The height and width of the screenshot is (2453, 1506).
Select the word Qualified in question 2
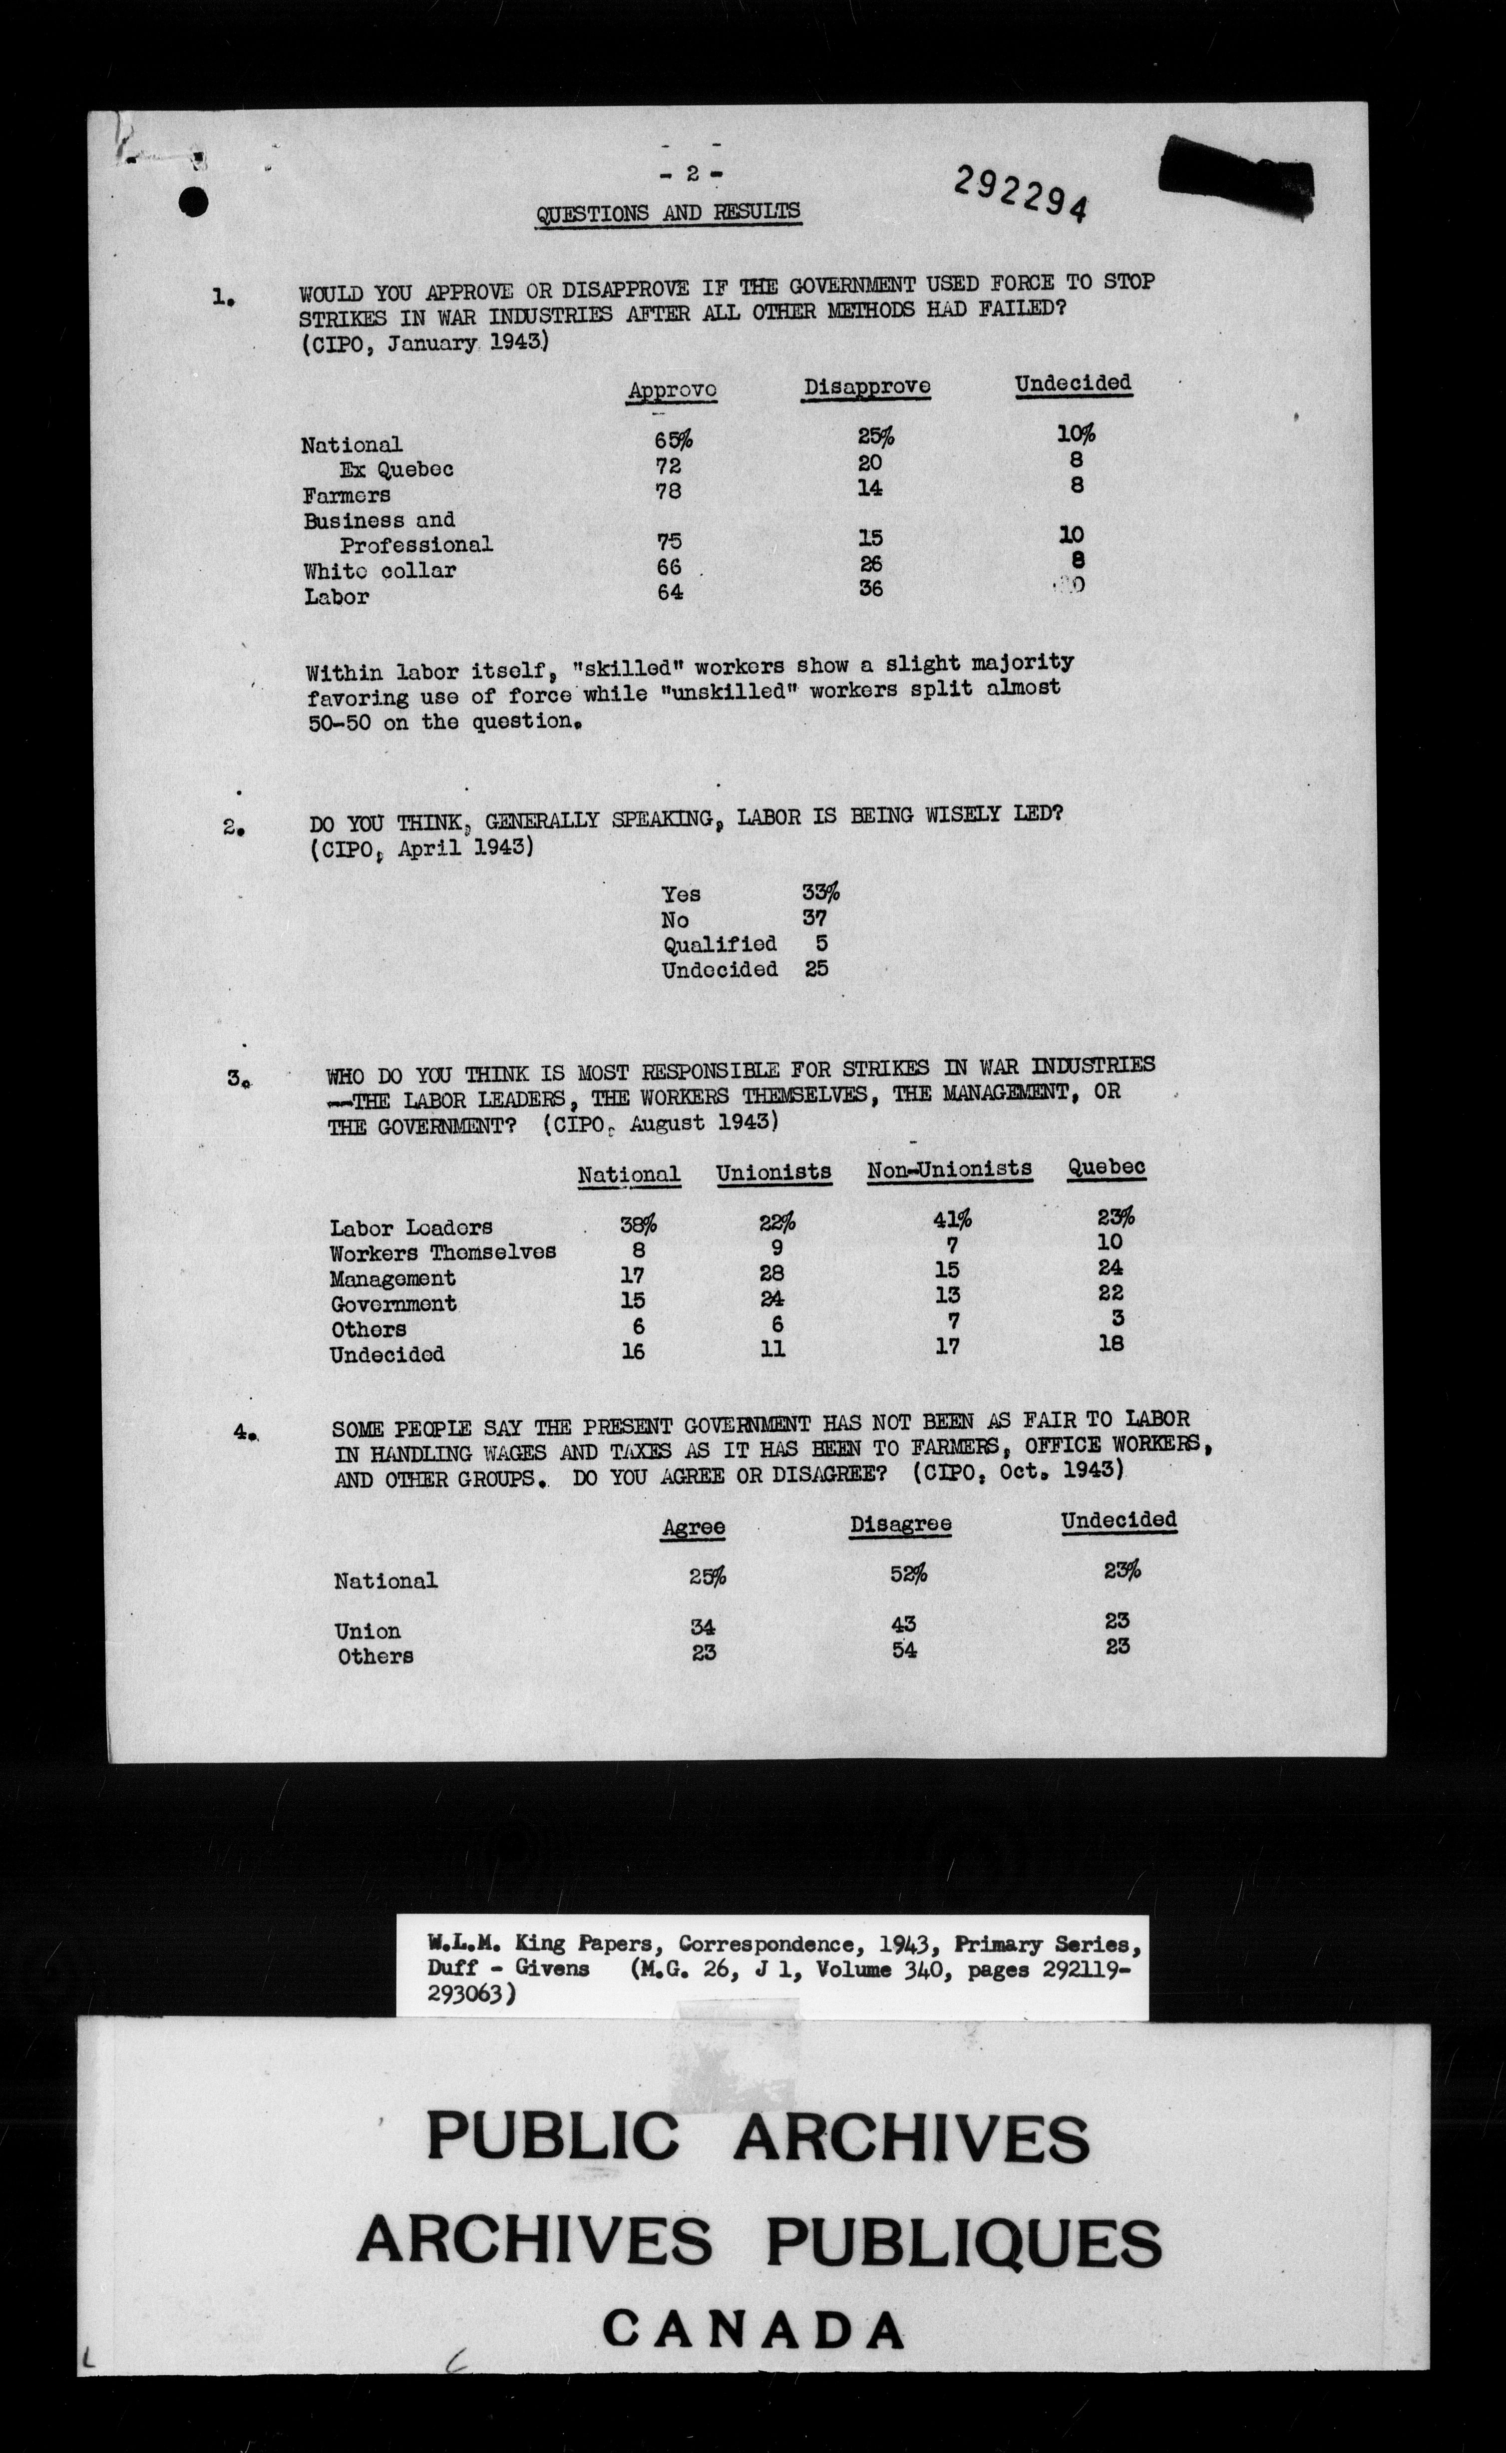point(719,943)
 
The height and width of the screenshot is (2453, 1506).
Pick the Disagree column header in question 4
point(899,1524)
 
